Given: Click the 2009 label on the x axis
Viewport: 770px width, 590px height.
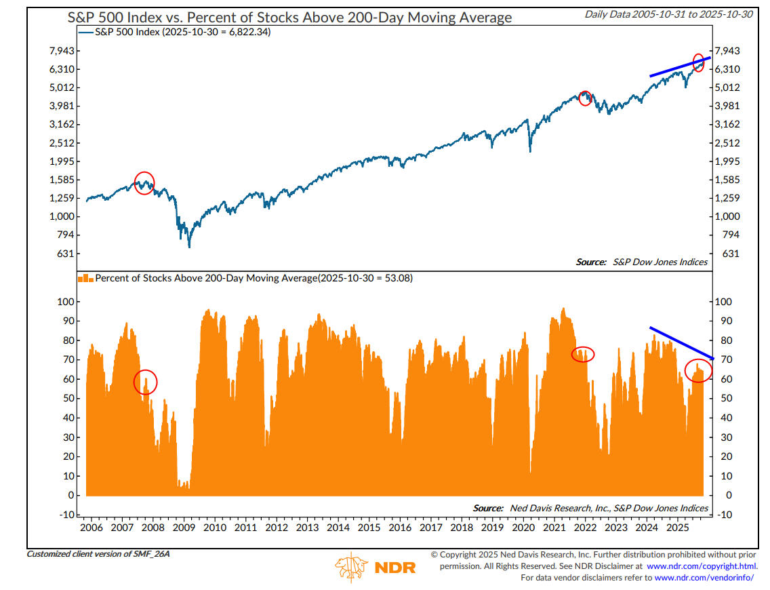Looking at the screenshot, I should tap(183, 528).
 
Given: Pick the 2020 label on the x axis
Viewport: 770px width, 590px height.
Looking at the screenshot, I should tap(523, 528).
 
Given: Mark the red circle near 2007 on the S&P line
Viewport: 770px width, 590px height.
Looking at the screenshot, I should tap(144, 182).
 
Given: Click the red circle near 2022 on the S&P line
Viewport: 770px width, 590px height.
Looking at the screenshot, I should tap(586, 98).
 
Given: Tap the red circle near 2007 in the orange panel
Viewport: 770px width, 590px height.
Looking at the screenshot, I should tap(145, 382).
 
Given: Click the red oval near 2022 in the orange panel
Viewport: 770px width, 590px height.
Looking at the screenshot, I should tap(583, 354).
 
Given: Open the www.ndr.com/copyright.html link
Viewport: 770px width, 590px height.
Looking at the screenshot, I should tap(698, 566).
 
